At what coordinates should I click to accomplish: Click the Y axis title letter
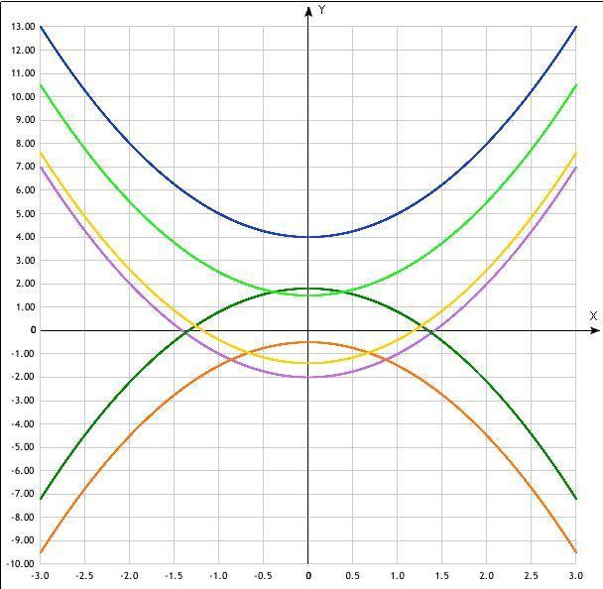tap(323, 9)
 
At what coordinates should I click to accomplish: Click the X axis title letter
tap(593, 316)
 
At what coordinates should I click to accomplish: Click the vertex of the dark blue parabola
tap(308, 236)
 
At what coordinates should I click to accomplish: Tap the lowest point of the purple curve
tap(308, 377)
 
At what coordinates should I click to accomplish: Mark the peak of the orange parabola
tap(308, 342)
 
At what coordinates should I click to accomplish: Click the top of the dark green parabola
tap(308, 289)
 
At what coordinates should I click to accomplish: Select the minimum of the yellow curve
tap(308, 363)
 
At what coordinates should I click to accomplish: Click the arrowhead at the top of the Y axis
tap(308, 10)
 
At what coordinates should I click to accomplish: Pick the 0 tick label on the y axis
tap(32, 330)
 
